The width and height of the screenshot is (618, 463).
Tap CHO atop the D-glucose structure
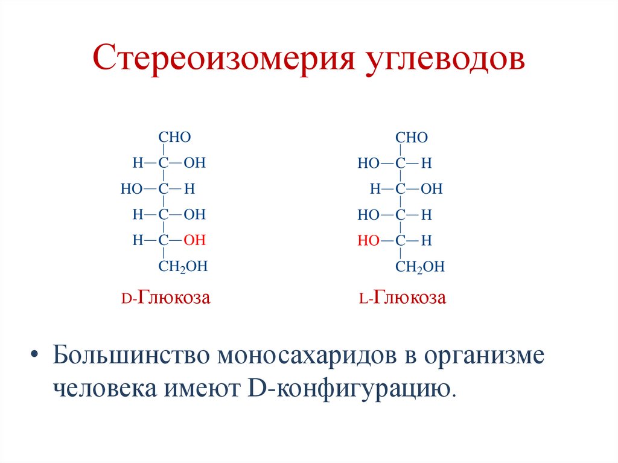174,137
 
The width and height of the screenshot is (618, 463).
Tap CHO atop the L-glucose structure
412,138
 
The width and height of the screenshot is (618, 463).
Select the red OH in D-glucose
195,240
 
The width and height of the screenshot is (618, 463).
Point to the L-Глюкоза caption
401,298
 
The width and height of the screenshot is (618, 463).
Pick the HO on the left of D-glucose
130,189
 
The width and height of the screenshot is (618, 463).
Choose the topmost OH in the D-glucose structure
195,163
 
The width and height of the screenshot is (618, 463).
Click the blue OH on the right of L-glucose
432,189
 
